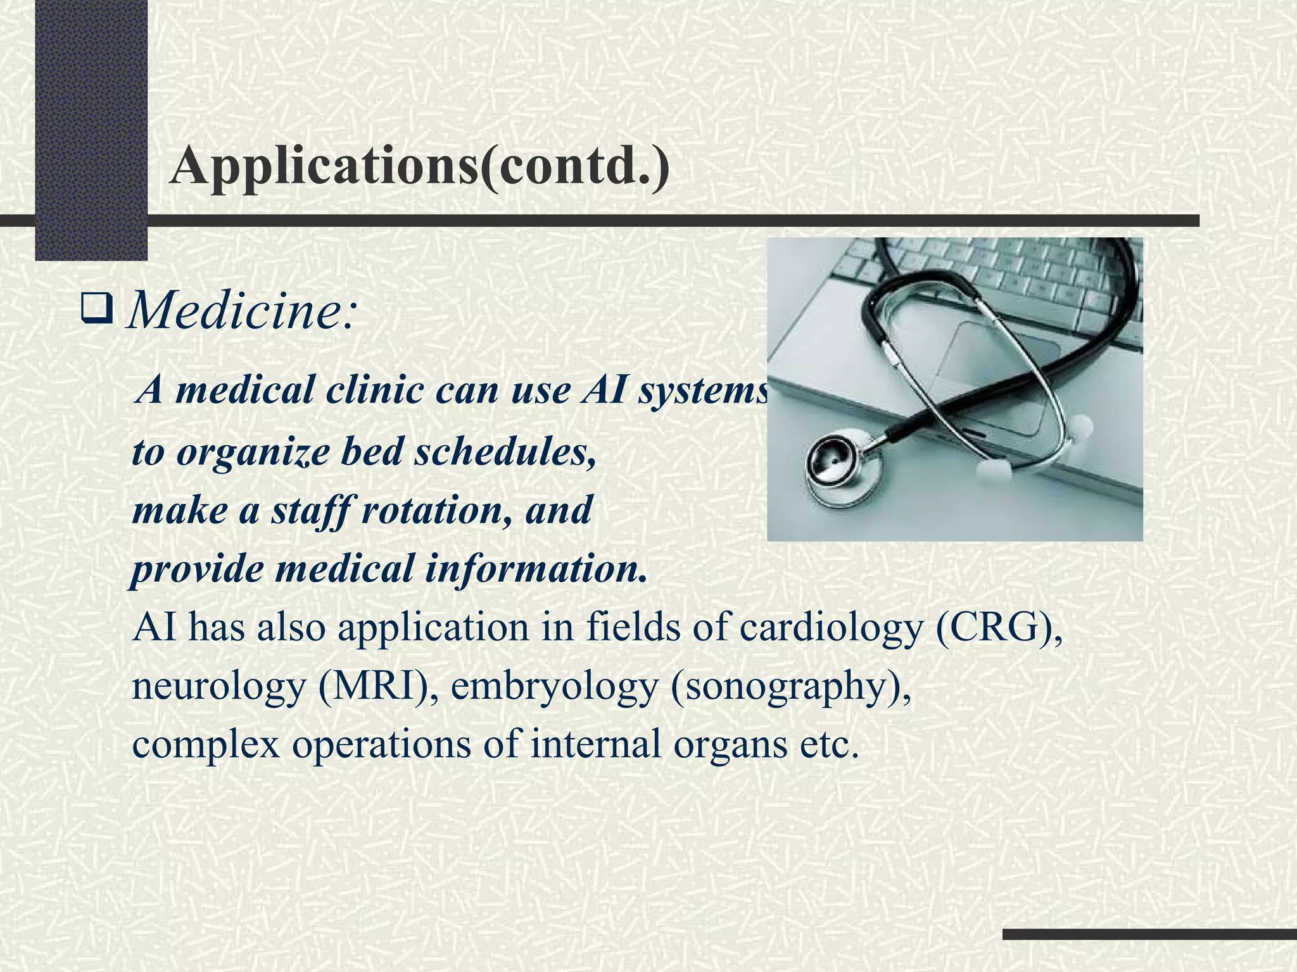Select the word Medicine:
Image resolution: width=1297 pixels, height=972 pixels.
(x=243, y=311)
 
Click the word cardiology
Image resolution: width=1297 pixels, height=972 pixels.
(x=830, y=628)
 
